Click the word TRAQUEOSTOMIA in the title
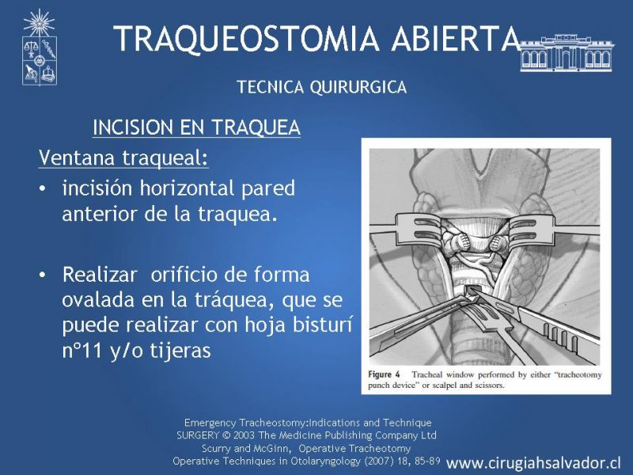tap(246, 38)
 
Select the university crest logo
tap(39, 47)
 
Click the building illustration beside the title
tap(567, 53)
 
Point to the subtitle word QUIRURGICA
tap(358, 87)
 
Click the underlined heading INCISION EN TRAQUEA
tap(196, 127)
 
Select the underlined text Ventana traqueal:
tap(123, 158)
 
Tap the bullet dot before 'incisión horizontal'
tap(43, 189)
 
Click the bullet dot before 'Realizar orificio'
tap(43, 275)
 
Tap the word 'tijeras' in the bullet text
tap(181, 351)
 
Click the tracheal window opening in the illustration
tap(471, 290)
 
